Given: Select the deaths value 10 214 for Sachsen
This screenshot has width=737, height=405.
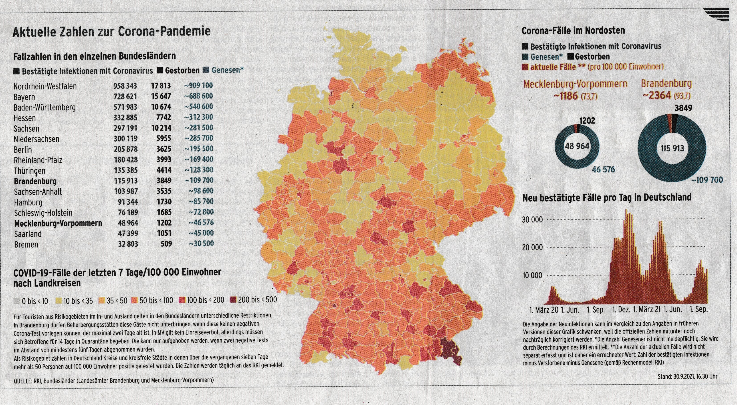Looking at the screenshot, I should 161,128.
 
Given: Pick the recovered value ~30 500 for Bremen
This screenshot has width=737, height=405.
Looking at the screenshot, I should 201,244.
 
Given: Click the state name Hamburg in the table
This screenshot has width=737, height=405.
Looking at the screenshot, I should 28,203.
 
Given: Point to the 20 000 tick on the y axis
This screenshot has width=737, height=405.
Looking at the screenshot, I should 532,247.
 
